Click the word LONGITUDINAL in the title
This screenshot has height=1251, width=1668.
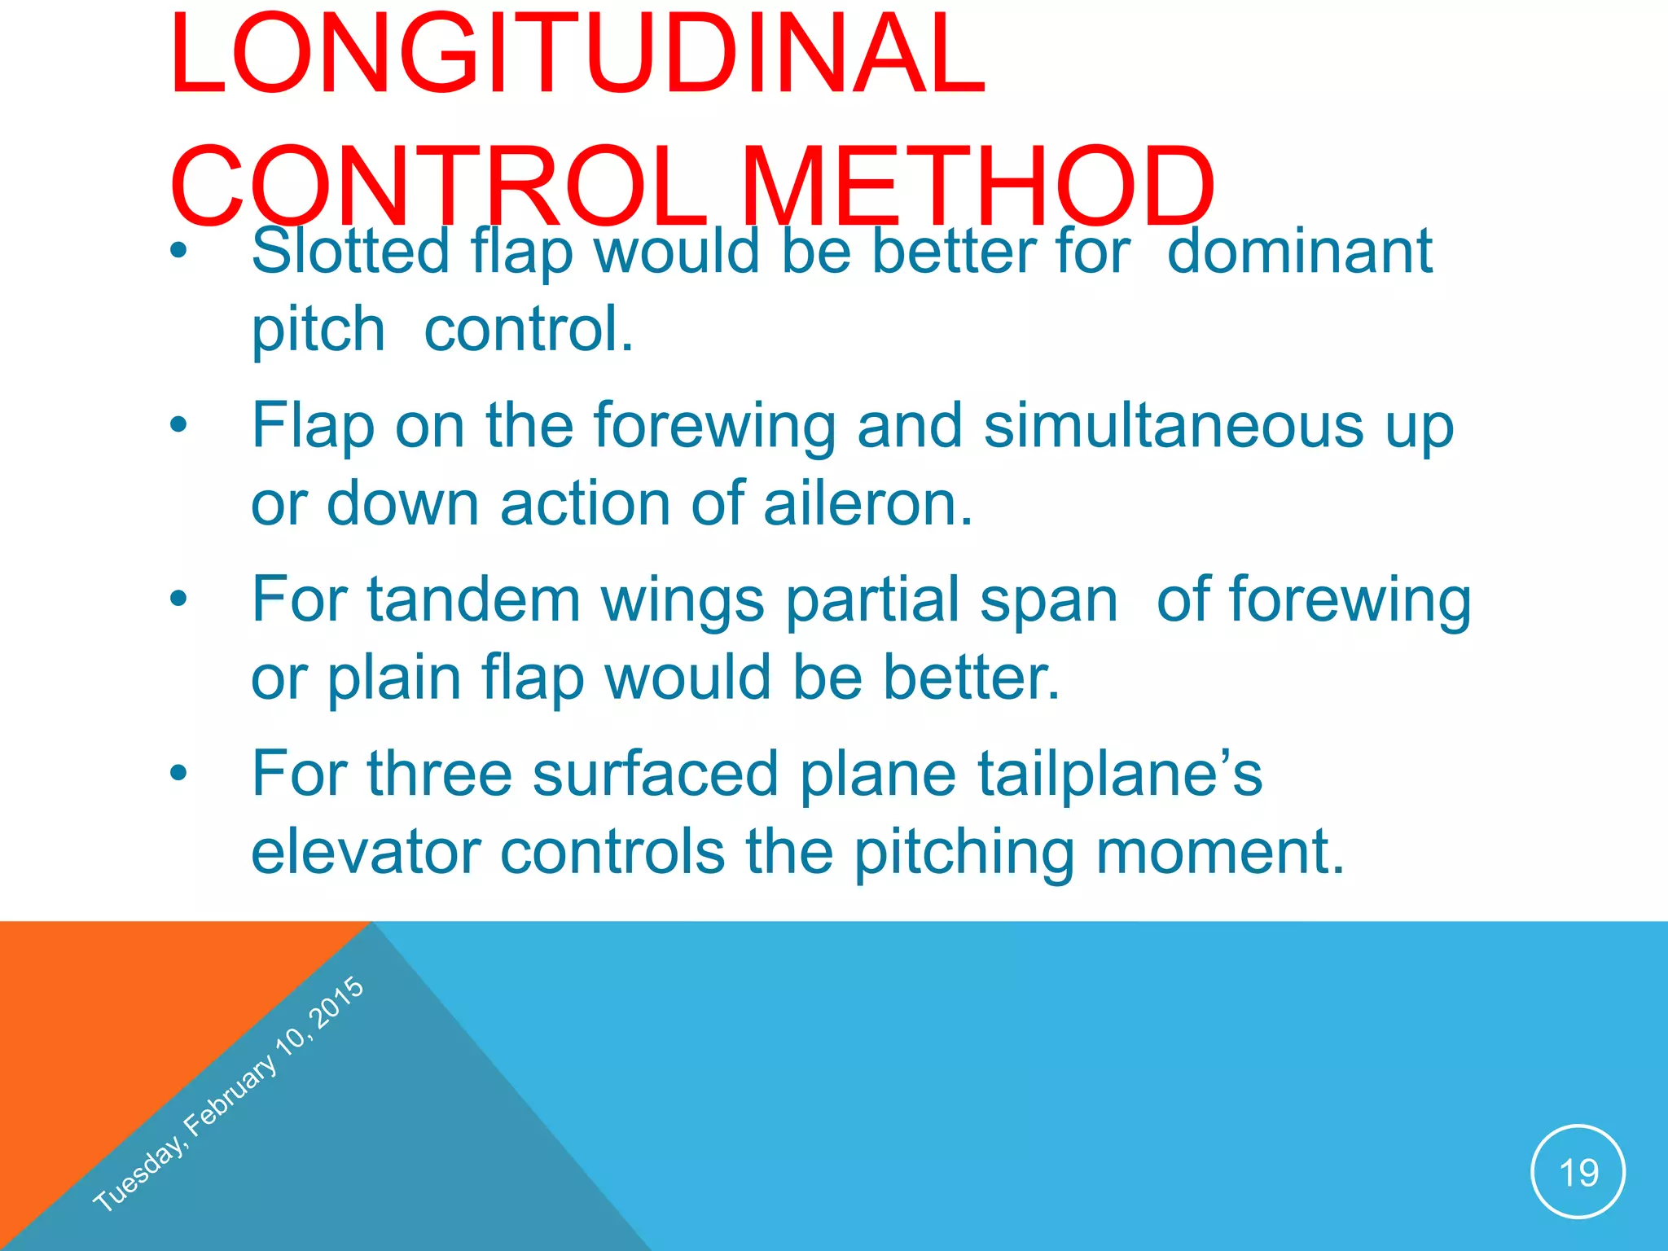(577, 55)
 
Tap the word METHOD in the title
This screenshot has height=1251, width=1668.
(977, 187)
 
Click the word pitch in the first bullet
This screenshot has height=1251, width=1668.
(318, 330)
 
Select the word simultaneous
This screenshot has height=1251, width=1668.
(1173, 425)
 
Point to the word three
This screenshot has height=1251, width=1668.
(440, 774)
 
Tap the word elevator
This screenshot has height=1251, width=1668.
(367, 852)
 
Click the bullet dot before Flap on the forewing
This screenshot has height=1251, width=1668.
(178, 425)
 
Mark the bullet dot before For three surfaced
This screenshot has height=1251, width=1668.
(178, 772)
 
